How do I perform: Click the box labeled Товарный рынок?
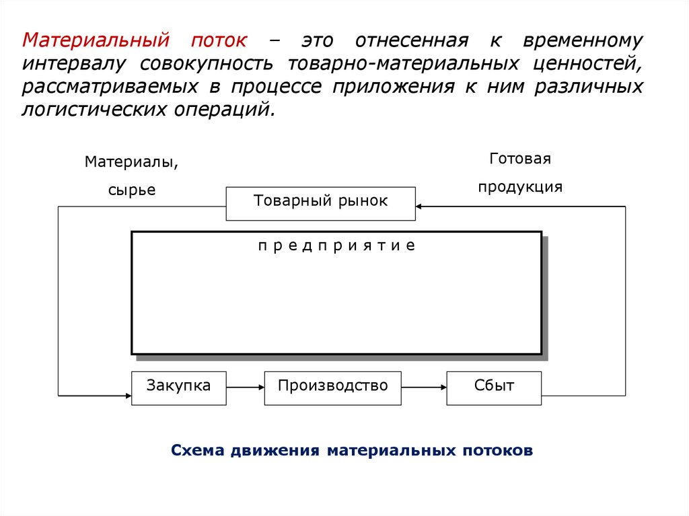point(320,202)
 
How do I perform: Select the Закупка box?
point(178,387)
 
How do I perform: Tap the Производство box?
point(332,387)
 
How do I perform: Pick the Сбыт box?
point(494,387)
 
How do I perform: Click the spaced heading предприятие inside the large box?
point(336,246)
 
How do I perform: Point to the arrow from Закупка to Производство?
point(245,387)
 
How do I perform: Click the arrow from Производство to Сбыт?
point(424,387)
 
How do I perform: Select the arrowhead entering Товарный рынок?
point(420,207)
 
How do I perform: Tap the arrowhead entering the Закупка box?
point(127,394)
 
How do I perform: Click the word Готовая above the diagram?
point(520,159)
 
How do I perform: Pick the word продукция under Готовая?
point(520,187)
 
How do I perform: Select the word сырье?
point(131,190)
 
